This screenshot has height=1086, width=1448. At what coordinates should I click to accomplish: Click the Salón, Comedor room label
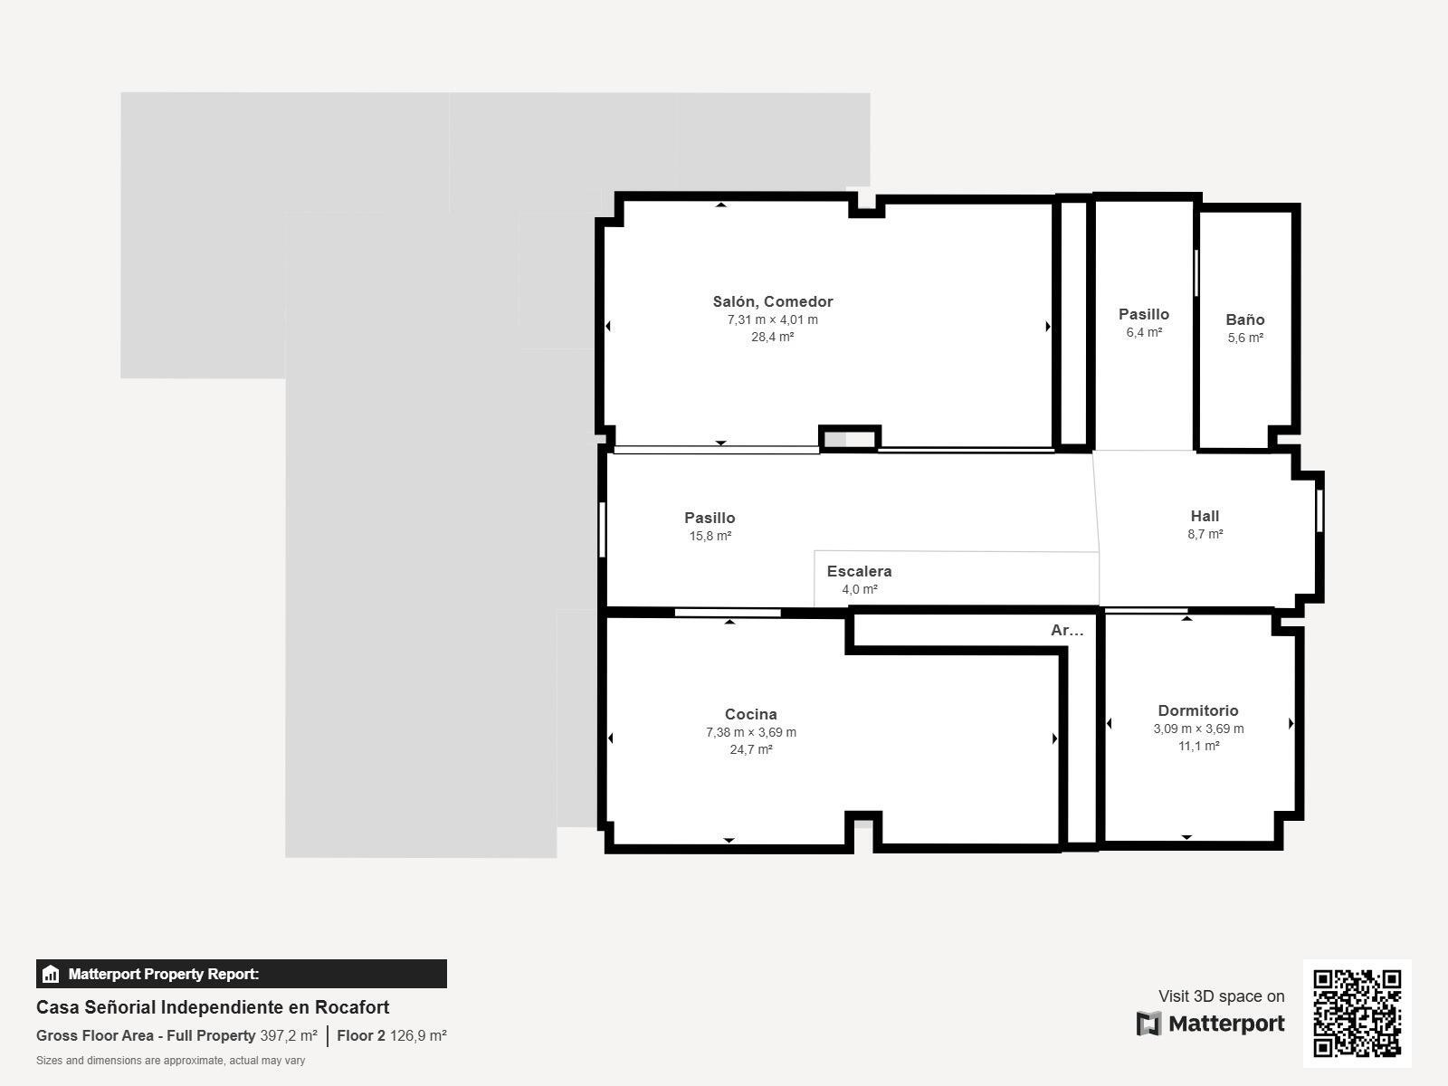click(x=773, y=302)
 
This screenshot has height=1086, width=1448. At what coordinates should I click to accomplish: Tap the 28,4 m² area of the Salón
click(x=773, y=337)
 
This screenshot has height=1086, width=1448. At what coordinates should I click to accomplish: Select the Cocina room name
click(x=751, y=714)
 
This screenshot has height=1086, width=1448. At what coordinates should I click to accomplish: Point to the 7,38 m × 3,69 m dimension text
click(x=751, y=732)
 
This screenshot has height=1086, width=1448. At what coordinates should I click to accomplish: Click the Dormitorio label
click(x=1198, y=710)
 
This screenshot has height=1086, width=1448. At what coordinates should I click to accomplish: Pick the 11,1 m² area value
click(x=1198, y=746)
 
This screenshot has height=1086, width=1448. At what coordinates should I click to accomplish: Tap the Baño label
click(x=1244, y=319)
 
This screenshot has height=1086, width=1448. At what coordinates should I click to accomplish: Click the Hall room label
click(x=1205, y=516)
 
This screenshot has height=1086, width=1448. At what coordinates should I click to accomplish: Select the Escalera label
click(x=859, y=572)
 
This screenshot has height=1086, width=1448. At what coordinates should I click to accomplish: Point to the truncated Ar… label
click(x=1067, y=631)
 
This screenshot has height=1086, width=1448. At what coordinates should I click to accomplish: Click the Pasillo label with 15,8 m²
click(x=710, y=519)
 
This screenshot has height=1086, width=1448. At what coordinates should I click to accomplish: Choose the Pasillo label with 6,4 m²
click(x=1143, y=315)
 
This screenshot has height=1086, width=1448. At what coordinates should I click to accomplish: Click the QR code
click(x=1357, y=1014)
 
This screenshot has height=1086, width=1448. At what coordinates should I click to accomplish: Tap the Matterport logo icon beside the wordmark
click(x=1148, y=1024)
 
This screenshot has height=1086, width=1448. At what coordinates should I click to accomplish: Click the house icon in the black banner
click(x=51, y=974)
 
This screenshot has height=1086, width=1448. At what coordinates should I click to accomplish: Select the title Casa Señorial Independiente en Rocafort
click(x=213, y=1007)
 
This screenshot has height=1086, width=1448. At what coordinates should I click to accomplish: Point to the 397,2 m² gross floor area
click(x=289, y=1036)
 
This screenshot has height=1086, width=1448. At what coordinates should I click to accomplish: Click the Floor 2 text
click(x=361, y=1036)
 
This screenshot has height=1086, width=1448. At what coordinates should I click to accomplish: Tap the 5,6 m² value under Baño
click(x=1244, y=338)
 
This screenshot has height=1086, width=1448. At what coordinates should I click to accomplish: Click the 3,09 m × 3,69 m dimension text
click(x=1198, y=729)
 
